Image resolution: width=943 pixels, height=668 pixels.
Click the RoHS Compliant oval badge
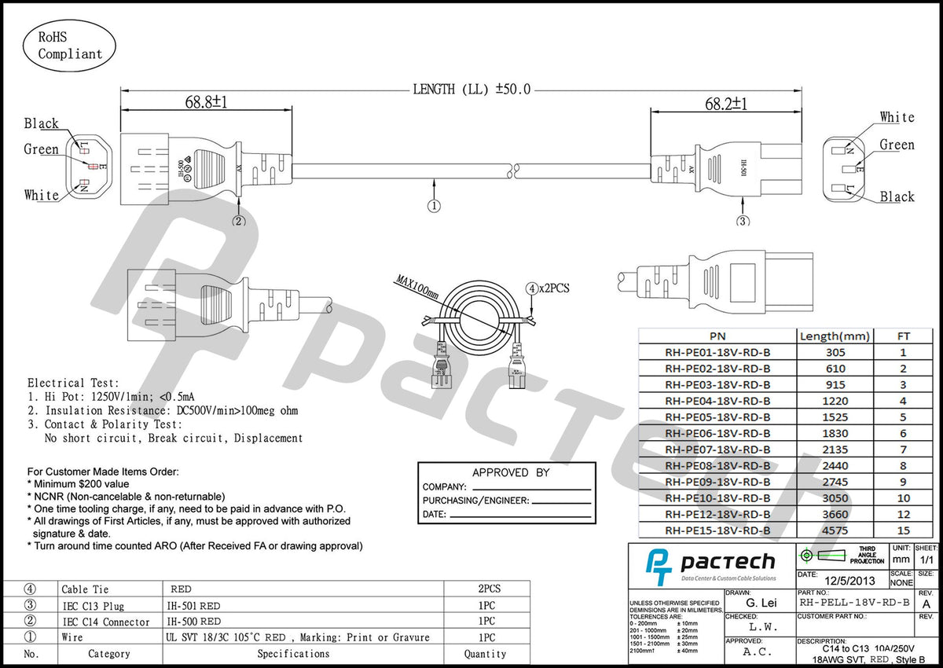pos(70,45)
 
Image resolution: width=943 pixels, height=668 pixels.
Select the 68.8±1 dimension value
pos(206,102)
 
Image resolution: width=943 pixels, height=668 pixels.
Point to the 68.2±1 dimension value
pos(725,104)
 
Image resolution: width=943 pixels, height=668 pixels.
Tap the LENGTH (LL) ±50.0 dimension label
pos(472,89)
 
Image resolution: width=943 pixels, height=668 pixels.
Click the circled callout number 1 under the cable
pos(435,206)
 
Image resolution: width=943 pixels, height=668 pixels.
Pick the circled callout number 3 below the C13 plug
pos(743,221)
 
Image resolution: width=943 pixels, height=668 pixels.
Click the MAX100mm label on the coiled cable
pos(417,287)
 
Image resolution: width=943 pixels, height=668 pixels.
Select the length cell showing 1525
pos(835,417)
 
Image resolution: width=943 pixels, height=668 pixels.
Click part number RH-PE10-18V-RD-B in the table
pos(717,498)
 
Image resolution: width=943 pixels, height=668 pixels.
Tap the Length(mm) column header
pos(835,336)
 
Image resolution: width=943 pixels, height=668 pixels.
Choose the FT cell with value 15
pos(903,530)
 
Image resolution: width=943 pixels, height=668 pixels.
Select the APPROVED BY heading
pos(510,472)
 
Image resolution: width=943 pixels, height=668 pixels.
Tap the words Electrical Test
pos(74,383)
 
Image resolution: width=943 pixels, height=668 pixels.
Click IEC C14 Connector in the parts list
pos(105,622)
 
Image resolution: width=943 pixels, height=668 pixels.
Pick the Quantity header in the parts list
pos(485,654)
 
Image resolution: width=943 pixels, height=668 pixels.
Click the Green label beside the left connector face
pos(41,149)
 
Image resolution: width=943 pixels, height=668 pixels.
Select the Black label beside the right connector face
pos(897,196)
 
